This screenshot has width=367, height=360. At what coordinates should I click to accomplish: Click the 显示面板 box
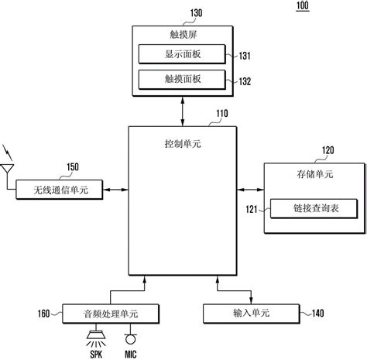pyautogui.click(x=180, y=54)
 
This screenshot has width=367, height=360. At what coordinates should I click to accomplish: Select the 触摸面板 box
pyautogui.click(x=180, y=78)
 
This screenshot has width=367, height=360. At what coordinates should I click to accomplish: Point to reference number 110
pyautogui.click(x=222, y=112)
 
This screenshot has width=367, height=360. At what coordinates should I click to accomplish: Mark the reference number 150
pyautogui.click(x=72, y=166)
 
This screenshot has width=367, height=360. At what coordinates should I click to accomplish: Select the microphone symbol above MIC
pyautogui.click(x=130, y=338)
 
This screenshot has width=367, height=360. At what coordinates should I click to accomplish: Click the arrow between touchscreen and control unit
pyautogui.click(x=181, y=109)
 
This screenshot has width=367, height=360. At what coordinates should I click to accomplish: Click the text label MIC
pyautogui.click(x=131, y=354)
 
